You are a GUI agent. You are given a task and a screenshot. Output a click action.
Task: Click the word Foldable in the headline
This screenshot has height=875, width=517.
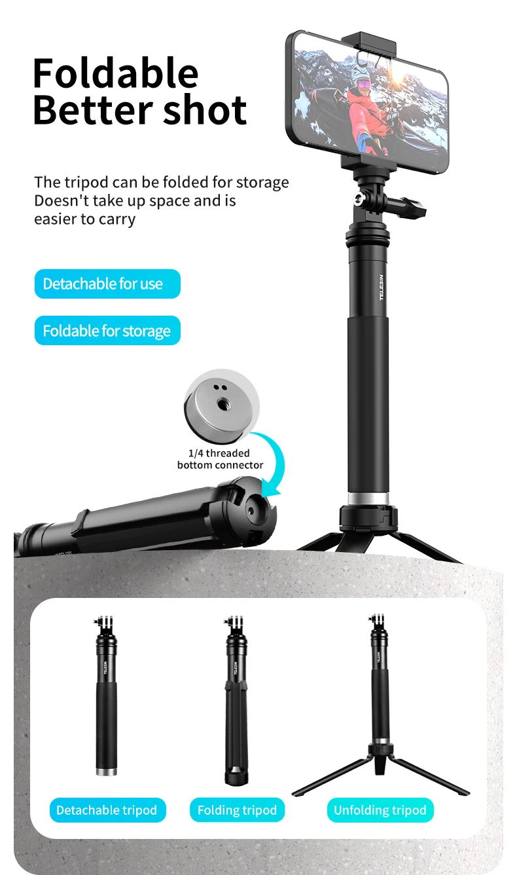pos(116,73)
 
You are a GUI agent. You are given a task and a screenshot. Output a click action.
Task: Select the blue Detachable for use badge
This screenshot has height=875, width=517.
pos(107,284)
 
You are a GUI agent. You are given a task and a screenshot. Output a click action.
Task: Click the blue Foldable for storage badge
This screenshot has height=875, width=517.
pos(107,331)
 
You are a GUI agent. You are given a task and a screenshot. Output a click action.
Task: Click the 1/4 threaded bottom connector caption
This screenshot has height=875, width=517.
pos(220,459)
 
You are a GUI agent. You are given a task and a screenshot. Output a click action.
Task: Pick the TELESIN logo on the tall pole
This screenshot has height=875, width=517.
pos(382,288)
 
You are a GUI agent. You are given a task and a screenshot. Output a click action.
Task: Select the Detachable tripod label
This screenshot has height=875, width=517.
pos(107,810)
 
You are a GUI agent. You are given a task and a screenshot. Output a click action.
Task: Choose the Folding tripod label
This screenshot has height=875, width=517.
pos(238,810)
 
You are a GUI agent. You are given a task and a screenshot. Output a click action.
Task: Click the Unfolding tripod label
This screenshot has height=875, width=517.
pos(380,810)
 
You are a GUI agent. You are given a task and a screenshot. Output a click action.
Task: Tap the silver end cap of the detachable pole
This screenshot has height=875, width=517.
pos(107,772)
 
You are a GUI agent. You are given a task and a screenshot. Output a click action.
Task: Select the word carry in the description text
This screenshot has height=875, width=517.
pos(116,220)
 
